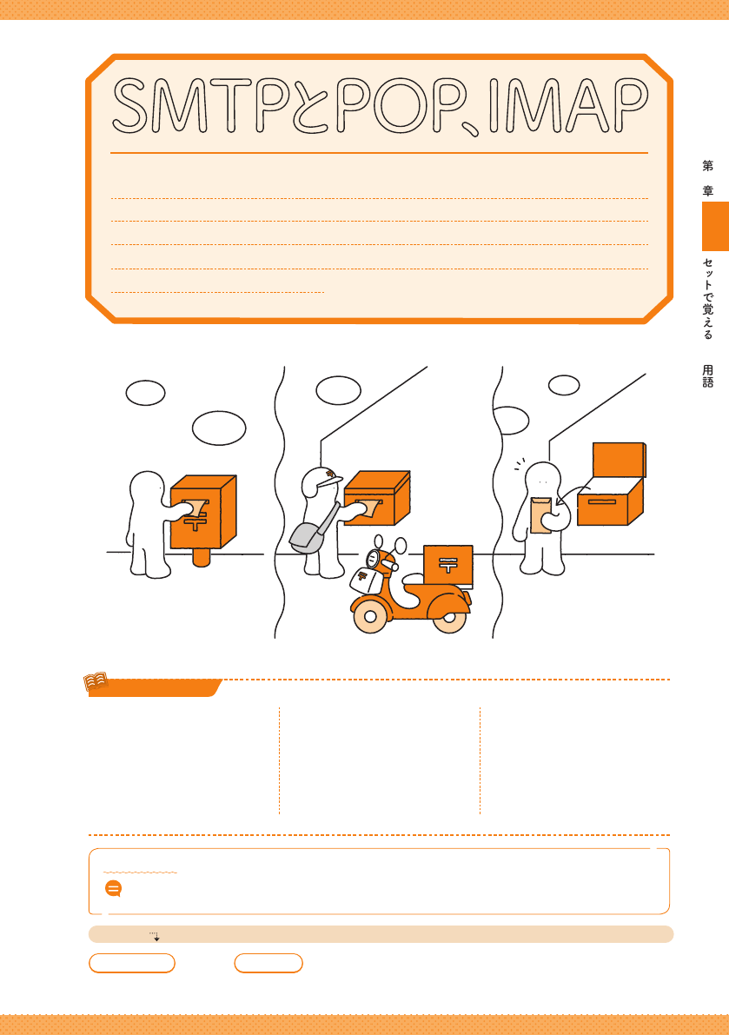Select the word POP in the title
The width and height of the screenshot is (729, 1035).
tap(398, 105)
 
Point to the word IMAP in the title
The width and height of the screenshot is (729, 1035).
tap(568, 105)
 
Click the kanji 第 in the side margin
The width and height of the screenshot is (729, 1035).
tap(708, 166)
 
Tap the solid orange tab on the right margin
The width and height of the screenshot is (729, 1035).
tap(715, 227)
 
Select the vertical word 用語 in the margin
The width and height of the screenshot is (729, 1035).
tap(708, 376)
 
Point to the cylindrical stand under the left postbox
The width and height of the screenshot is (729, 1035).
tap(202, 556)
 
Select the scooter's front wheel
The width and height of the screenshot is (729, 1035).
tap(370, 616)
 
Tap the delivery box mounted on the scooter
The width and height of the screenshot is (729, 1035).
tap(448, 566)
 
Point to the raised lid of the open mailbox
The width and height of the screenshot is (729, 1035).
tap(619, 460)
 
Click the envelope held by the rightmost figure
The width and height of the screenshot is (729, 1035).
tap(541, 515)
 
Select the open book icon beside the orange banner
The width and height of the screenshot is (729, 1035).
tap(96, 682)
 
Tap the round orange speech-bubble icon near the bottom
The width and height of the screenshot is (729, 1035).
tap(114, 888)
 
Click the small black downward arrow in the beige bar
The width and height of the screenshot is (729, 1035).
tap(156, 938)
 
